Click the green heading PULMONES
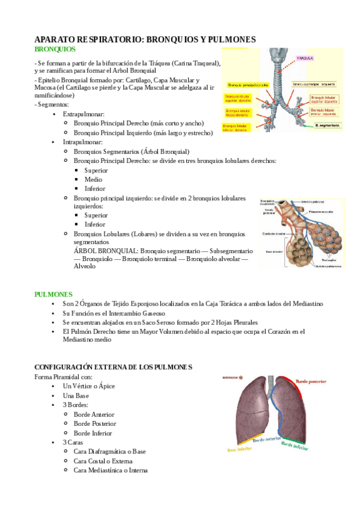(x=53, y=294)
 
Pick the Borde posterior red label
(x=310, y=381)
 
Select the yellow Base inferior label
(x=240, y=448)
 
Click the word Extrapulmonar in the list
(x=84, y=114)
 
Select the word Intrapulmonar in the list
(x=83, y=142)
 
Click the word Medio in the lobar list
(x=93, y=179)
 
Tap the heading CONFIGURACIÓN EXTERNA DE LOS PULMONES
(x=113, y=367)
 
